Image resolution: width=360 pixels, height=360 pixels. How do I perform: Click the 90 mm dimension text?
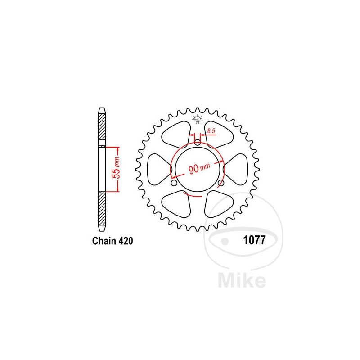click(x=199, y=168)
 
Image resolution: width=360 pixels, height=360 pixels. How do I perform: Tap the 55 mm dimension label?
click(x=117, y=168)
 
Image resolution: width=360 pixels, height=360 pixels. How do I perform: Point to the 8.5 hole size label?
click(x=211, y=131)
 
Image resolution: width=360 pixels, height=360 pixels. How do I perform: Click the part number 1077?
click(x=254, y=240)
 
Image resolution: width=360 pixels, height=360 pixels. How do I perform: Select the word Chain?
click(x=104, y=241)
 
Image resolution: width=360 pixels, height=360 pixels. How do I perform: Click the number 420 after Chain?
click(x=126, y=241)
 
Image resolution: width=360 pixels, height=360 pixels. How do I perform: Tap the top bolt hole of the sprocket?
click(x=198, y=143)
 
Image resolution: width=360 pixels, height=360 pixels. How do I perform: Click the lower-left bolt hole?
click(x=174, y=183)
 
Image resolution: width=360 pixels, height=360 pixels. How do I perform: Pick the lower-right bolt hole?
click(x=221, y=183)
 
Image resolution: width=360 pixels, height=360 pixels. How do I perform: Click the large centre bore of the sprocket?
click(x=198, y=170)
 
